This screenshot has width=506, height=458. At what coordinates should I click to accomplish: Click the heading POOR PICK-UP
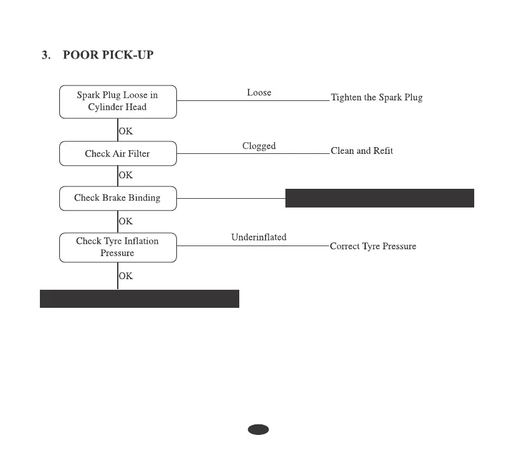[x=108, y=55]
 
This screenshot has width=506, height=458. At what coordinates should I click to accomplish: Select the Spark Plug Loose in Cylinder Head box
[x=118, y=102]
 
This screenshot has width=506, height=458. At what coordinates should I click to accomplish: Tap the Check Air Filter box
[x=118, y=153]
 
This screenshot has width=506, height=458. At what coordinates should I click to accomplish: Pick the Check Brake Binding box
[x=118, y=198]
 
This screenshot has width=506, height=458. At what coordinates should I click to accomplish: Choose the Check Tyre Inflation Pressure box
[x=118, y=247]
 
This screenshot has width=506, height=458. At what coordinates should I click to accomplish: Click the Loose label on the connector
[x=259, y=93]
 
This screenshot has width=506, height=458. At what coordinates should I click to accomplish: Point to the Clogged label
[x=259, y=146]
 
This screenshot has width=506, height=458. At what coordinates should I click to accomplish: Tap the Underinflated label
[x=259, y=237]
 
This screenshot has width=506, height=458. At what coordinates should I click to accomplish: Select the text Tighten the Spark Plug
[x=376, y=98]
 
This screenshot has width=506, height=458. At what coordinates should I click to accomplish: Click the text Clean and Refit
[x=362, y=151]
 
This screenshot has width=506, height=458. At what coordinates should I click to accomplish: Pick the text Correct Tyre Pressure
[x=373, y=246]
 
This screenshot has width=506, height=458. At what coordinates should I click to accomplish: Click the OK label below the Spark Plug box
[x=126, y=131]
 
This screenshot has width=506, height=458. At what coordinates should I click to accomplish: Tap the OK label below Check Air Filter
[x=126, y=175]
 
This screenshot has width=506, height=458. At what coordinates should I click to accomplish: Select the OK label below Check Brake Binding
[x=126, y=221]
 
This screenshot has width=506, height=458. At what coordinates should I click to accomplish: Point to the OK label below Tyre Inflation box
[x=126, y=275]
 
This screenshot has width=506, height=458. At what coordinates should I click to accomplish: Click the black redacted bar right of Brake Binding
[x=379, y=198]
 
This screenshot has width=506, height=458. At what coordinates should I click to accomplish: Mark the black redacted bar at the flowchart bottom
[x=140, y=298]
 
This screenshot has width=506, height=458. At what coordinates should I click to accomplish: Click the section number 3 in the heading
[x=45, y=55]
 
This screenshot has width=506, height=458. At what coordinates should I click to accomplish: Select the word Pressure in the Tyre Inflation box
[x=118, y=254]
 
